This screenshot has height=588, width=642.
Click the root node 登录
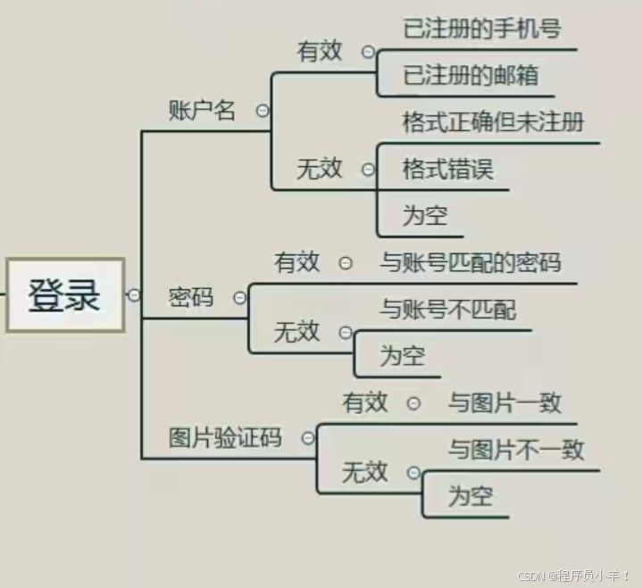(64, 295)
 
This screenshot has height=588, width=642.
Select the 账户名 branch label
(203, 111)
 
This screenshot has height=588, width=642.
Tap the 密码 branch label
(191, 298)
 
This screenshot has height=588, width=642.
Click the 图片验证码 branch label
(225, 438)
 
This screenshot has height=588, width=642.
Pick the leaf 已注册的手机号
(481, 29)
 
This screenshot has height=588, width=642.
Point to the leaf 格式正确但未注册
(493, 121)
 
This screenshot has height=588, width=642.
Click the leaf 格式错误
(447, 169)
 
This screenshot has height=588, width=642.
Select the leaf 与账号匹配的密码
(470, 262)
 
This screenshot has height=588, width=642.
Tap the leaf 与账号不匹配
(447, 310)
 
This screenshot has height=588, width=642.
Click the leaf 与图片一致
(504, 402)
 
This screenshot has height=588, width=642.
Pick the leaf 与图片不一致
(516, 450)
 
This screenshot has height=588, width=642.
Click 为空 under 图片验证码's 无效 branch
(470, 496)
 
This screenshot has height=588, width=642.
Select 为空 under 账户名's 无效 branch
(424, 215)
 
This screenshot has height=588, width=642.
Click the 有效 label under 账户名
(320, 52)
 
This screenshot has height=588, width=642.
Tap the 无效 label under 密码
(296, 333)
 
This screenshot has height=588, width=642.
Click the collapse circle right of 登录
(133, 295)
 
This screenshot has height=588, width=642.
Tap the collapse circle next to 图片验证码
(308, 438)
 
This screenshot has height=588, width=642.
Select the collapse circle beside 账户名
(263, 111)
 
